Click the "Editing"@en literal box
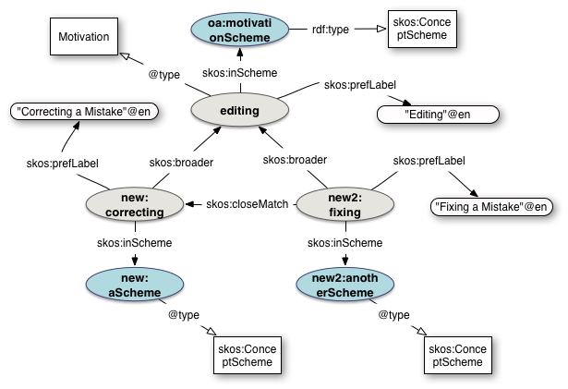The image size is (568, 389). [438, 115]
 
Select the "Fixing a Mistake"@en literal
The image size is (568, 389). [491, 205]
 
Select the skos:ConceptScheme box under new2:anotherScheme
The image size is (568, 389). [457, 355]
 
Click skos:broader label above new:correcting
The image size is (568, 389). [181, 162]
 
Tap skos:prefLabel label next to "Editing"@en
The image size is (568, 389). [359, 84]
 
